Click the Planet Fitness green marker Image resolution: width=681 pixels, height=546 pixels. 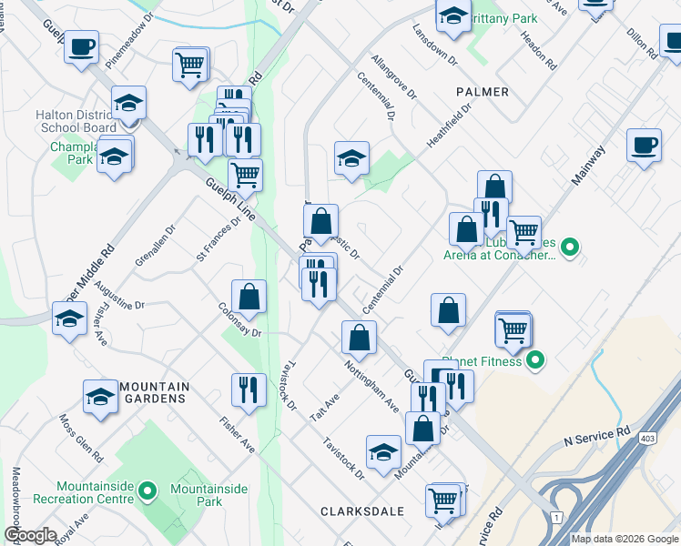(x=534, y=361)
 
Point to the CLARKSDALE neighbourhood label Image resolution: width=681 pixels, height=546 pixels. (x=362, y=511)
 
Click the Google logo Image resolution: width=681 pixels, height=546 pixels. (x=29, y=536)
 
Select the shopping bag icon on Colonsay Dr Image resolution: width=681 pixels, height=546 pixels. (x=249, y=298)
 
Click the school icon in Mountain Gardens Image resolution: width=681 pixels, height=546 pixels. (x=101, y=398)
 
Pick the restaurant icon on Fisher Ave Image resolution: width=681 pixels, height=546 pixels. (x=249, y=391)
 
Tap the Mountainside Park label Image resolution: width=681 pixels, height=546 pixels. (x=208, y=495)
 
